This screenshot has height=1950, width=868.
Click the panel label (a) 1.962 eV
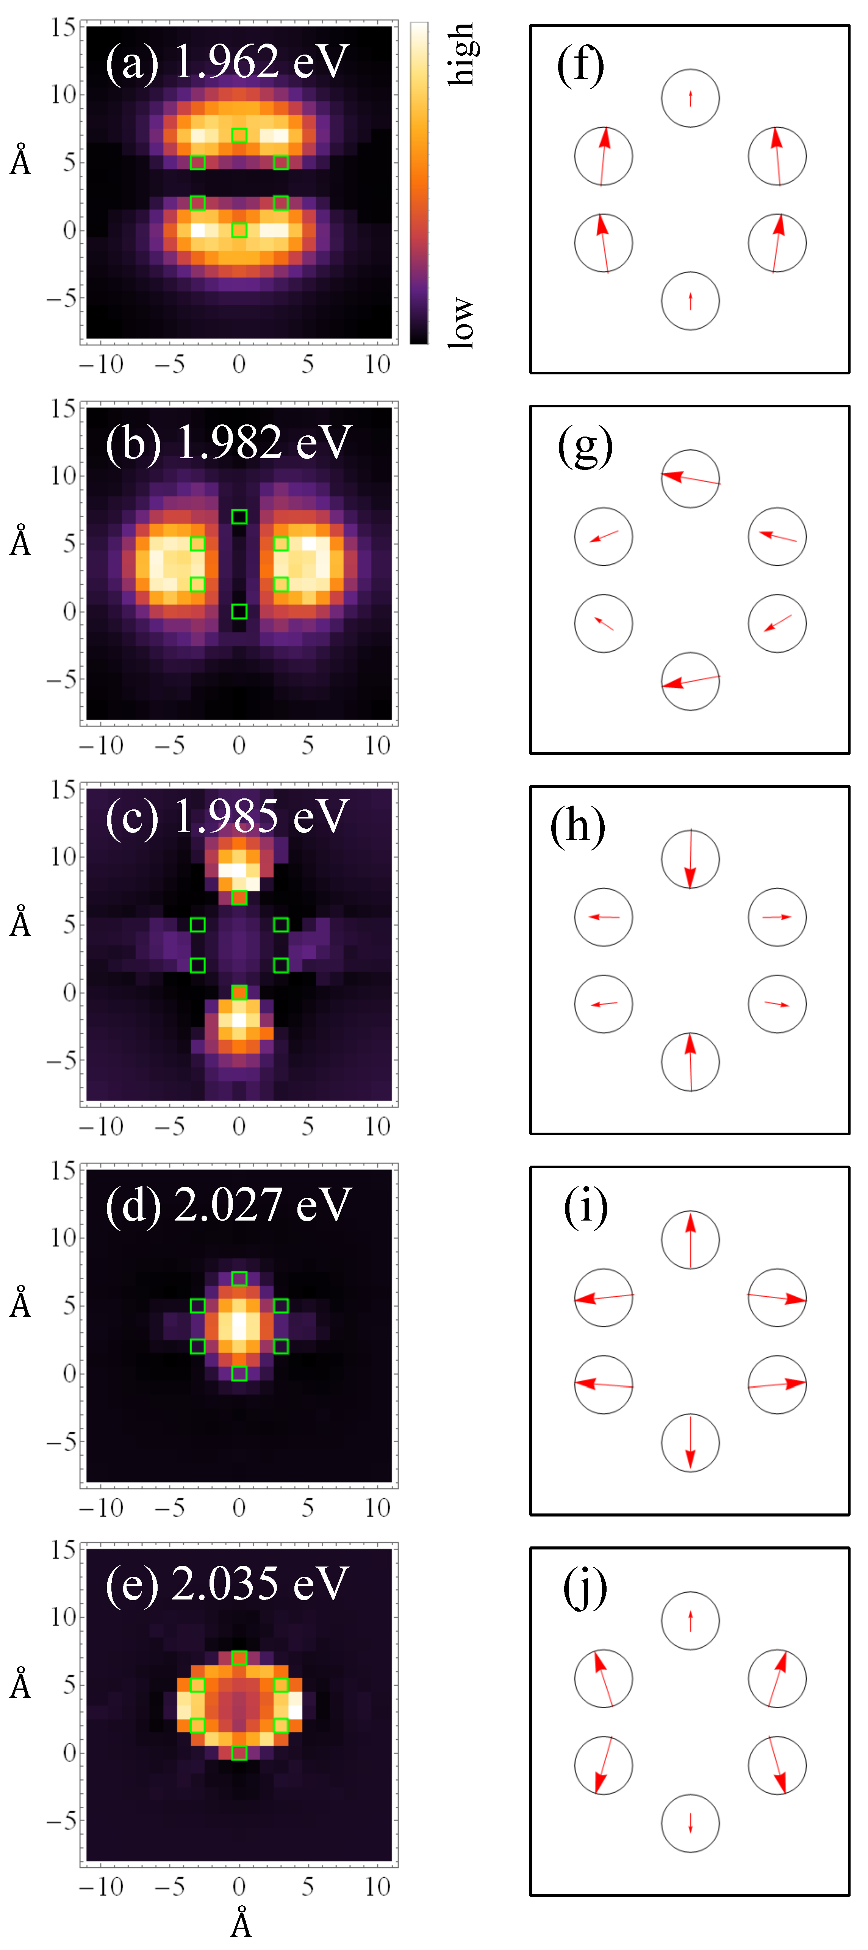point(227,62)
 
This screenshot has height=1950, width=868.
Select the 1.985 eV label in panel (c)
point(261,817)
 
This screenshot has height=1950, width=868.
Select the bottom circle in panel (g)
point(690,681)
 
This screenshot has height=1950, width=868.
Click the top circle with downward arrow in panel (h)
point(690,859)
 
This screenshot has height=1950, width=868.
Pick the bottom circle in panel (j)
point(690,1823)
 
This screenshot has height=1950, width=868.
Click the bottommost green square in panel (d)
point(239,1373)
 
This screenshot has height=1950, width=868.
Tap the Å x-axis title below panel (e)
point(241,1924)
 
